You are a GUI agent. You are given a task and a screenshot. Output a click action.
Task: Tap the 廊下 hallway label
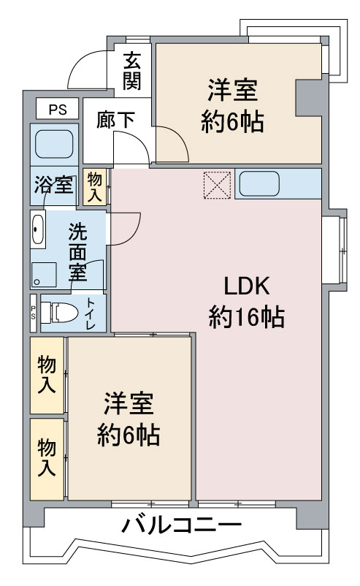pos(116,119)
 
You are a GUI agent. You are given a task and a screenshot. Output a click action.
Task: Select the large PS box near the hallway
pos(57,109)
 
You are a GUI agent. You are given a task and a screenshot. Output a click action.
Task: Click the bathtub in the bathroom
pos(54,144)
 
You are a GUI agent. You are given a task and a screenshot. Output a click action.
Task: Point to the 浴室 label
pos(54,184)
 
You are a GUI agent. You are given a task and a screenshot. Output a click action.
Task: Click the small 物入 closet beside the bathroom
pos(94,187)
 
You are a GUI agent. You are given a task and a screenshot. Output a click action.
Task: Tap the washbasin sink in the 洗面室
pos(37,229)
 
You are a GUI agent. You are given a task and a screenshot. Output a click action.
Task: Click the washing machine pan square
pos(44,275)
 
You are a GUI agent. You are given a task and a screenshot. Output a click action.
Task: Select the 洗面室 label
pos(77,252)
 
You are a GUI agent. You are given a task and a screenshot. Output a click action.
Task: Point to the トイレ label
pos(91,313)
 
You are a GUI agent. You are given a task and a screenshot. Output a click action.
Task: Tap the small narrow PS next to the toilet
pos(34,313)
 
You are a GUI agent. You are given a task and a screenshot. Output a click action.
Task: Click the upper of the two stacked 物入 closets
pos(47,376)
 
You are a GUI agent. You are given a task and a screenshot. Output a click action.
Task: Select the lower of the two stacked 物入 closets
pos(47,459)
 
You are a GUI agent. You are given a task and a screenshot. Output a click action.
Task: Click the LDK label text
pos(246,286)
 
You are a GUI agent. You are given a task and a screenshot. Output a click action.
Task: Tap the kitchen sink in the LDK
pos(258,183)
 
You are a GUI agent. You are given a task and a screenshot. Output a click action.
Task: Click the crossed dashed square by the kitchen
pos(218,185)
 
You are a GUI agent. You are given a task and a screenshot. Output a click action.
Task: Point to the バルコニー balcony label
pos(182,526)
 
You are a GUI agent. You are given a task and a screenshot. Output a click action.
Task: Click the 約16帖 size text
pos(247,317)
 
